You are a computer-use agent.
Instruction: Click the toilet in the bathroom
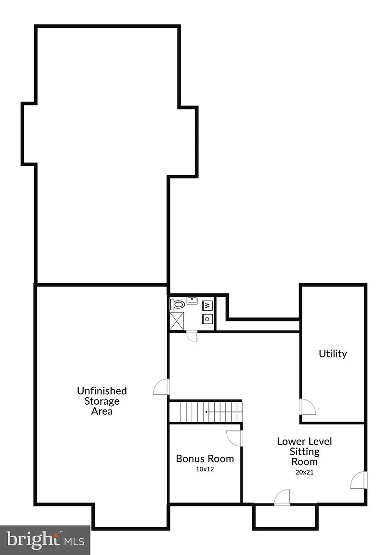click(x=178, y=304)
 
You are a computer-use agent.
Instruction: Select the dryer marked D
click(x=207, y=318)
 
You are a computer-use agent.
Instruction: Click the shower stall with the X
click(x=177, y=321)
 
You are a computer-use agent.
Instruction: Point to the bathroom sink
click(x=192, y=301)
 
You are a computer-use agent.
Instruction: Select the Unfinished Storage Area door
click(x=162, y=387)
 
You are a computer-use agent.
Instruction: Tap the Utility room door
click(x=307, y=407)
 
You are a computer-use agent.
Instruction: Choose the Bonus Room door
click(x=234, y=438)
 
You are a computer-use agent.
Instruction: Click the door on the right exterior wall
click(x=359, y=480)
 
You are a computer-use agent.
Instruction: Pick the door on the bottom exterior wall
click(x=282, y=497)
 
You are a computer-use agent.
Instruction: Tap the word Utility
click(x=333, y=354)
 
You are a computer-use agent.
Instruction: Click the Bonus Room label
click(x=205, y=459)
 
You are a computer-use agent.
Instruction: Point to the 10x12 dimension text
click(x=205, y=469)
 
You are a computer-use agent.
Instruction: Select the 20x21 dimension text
click(x=305, y=472)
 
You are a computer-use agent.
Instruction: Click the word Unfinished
click(x=102, y=391)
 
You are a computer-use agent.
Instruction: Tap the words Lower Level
click(x=305, y=441)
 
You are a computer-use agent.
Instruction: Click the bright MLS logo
click(x=45, y=540)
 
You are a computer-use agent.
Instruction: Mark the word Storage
click(x=102, y=401)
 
